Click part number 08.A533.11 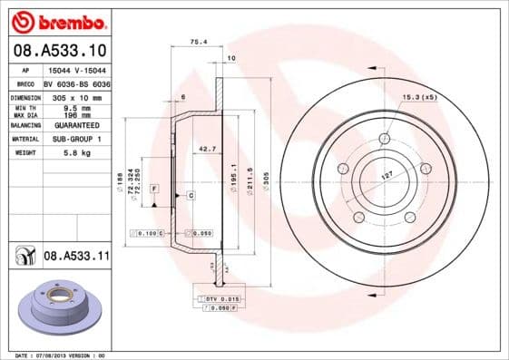pyautogui.click(x=77, y=257)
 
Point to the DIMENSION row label pyautogui.click(x=25, y=96)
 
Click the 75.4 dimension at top pyautogui.click(x=197, y=42)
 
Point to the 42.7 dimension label pyautogui.click(x=207, y=148)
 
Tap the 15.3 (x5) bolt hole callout pyautogui.click(x=418, y=96)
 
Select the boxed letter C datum pyautogui.click(x=191, y=196)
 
